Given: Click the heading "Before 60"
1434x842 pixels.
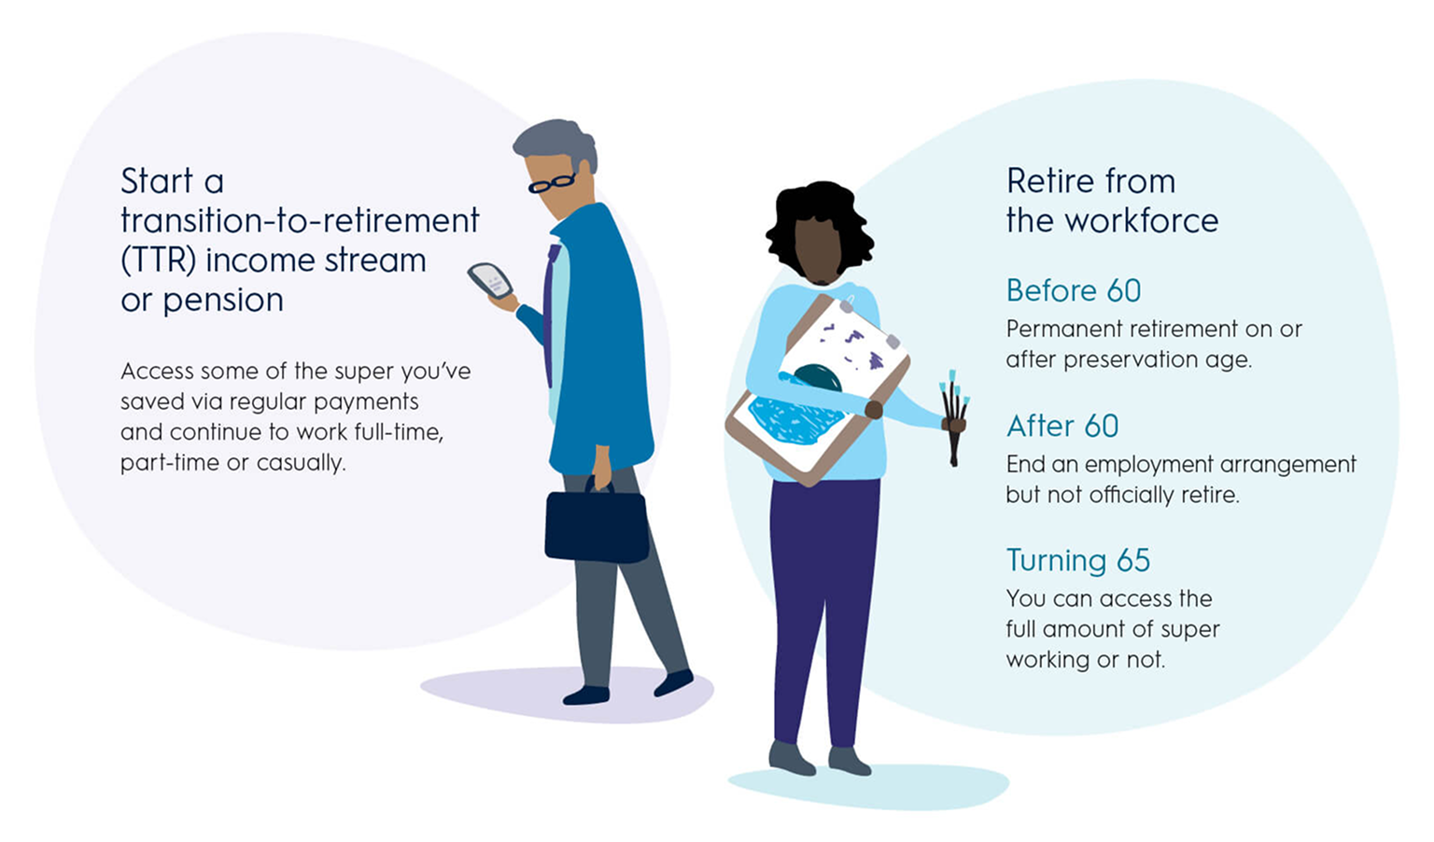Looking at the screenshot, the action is pos(1074,290).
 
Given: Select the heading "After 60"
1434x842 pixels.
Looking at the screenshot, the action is pos(1062,426).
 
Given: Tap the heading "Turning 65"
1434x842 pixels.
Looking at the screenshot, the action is pos(1078,561).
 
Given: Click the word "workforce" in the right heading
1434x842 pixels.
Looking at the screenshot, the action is pos(1142,220).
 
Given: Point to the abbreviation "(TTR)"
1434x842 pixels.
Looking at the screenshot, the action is pos(158,261).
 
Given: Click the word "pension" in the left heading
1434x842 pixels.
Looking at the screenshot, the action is pos(223,301).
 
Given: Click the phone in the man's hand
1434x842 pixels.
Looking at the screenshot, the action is pos(490,280).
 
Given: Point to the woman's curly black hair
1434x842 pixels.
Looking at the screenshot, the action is pos(820,224).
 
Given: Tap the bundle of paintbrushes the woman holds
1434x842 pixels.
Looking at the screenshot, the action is pos(954,416).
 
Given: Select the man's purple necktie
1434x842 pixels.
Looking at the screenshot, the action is pos(549,314).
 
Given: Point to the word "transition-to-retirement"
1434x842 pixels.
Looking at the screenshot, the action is pos(300,221).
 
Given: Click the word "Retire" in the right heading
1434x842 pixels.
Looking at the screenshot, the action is pos(1050,181).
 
